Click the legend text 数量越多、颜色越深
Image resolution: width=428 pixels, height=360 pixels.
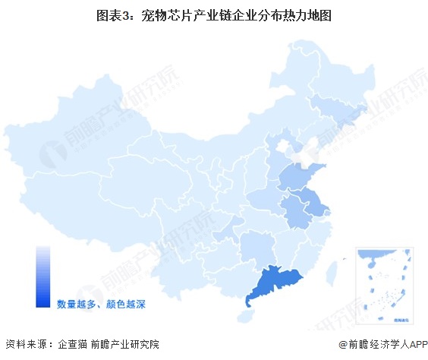(100, 304)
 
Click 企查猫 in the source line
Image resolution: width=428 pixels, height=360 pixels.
(72, 345)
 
